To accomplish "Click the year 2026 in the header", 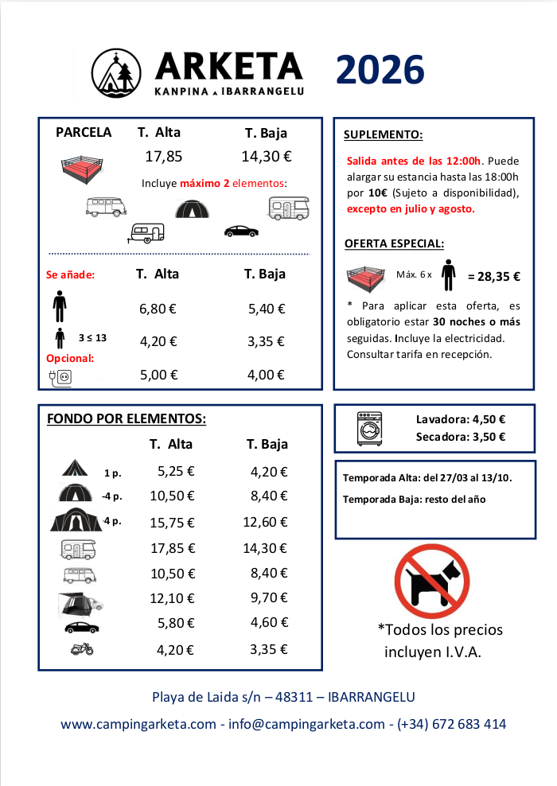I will [x=380, y=70].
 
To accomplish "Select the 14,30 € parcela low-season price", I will [x=266, y=157].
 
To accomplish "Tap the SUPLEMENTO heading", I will [x=383, y=134].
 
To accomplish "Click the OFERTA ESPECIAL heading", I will [x=394, y=243].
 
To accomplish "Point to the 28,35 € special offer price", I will [x=494, y=277].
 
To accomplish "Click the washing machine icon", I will [x=370, y=427].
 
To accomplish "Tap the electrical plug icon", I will [x=60, y=376].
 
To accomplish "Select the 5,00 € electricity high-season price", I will [x=158, y=375].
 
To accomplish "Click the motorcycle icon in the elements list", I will [x=82, y=649].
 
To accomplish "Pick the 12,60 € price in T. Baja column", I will [x=265, y=522].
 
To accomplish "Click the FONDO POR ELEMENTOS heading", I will [x=127, y=418].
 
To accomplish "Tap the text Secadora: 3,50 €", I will [x=461, y=437].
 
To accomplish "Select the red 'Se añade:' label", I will [x=71, y=275].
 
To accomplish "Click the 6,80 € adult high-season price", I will [x=158, y=309].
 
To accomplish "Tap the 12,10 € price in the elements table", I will [x=172, y=598].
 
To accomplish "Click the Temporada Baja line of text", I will [x=414, y=500].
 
